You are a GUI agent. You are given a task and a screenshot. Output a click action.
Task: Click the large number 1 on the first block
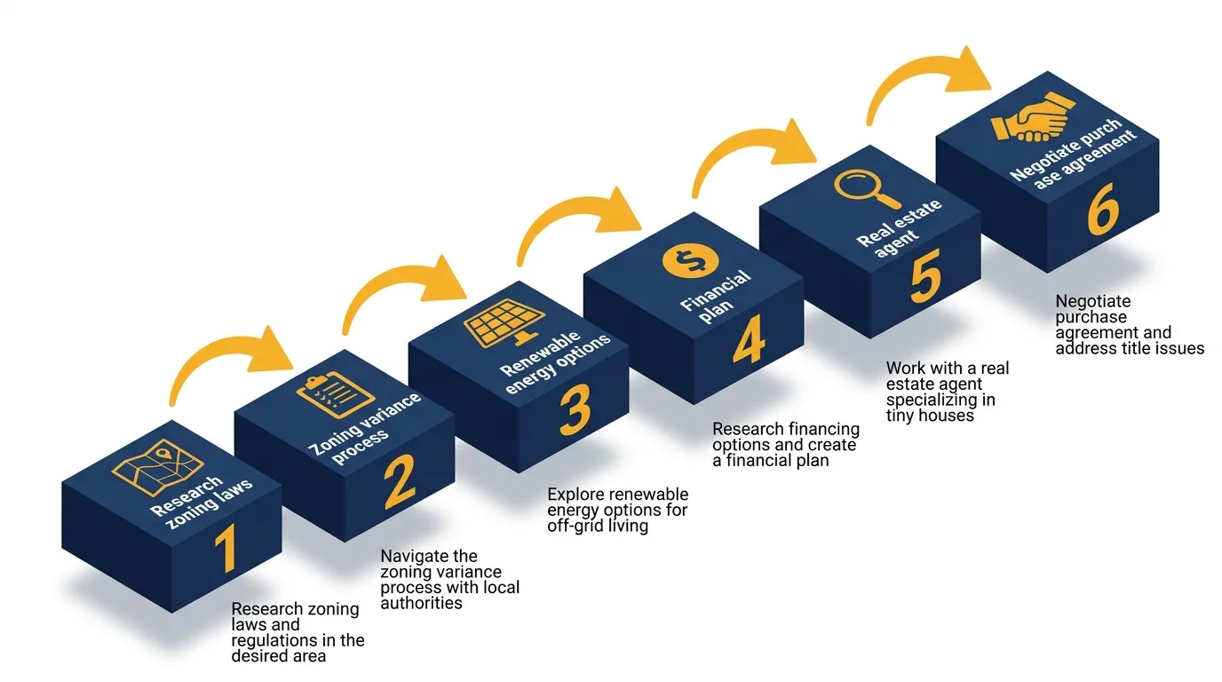coord(226,548)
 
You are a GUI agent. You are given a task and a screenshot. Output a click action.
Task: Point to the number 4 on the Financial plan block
coord(748,340)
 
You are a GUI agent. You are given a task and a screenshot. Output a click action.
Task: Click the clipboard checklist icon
coord(323,393)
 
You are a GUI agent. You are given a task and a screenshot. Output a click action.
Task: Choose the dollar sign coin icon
coord(687,260)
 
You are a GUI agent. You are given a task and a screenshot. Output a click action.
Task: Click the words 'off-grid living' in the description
coord(598,526)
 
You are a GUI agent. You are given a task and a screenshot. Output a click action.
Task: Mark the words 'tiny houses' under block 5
coord(930,416)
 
